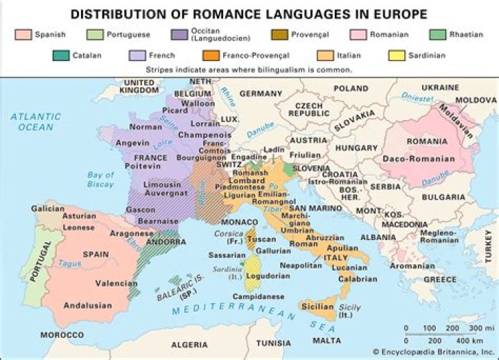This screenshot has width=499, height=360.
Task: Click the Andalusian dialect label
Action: point(87,305)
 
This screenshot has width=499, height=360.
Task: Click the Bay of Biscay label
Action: point(101,180)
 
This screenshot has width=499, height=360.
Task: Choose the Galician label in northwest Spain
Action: point(48,207)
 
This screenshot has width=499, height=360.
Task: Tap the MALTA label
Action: point(326,341)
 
